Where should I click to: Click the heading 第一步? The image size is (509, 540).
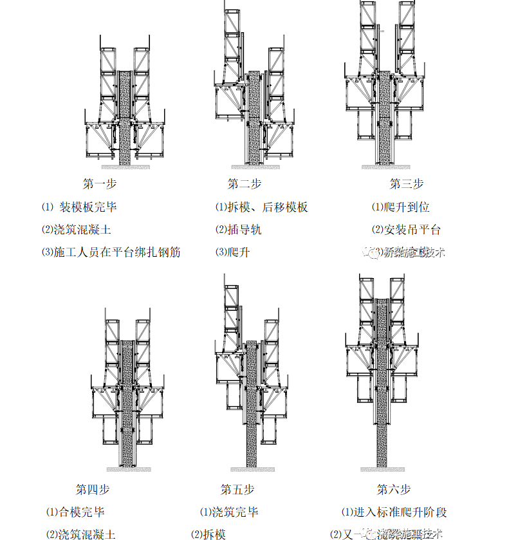pyautogui.click(x=100, y=184)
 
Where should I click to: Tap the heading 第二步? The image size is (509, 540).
pyautogui.click(x=245, y=184)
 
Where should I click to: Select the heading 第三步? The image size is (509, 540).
pyautogui.click(x=407, y=184)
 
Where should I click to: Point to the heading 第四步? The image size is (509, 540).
pyautogui.click(x=93, y=489)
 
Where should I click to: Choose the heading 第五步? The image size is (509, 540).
pyautogui.click(x=237, y=489)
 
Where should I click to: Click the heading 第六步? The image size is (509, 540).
pyautogui.click(x=394, y=489)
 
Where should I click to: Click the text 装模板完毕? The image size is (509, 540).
pyautogui.click(x=88, y=207)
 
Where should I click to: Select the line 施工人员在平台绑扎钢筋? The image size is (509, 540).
pyautogui.click(x=111, y=252)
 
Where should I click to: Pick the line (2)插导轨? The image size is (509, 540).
pyautogui.click(x=238, y=229)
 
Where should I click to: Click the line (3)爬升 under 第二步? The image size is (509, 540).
pyautogui.click(x=232, y=252)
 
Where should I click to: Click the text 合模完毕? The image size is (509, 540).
pyautogui.click(x=75, y=512)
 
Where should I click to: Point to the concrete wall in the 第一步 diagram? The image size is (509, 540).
pyautogui.click(x=125, y=116)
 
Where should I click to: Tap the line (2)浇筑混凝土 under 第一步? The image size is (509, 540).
pyautogui.click(x=77, y=229)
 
